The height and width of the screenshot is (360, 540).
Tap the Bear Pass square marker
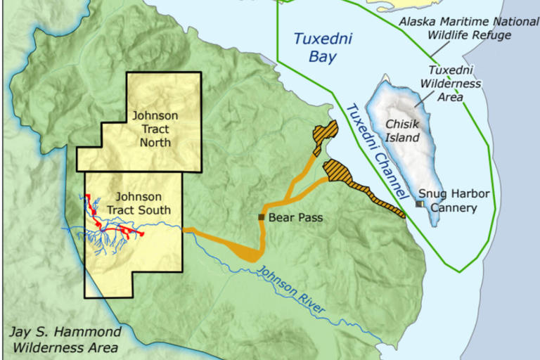262,217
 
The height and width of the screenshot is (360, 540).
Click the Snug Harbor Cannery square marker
419,204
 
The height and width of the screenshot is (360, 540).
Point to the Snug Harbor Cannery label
454,200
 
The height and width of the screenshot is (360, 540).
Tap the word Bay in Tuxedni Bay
323,58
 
